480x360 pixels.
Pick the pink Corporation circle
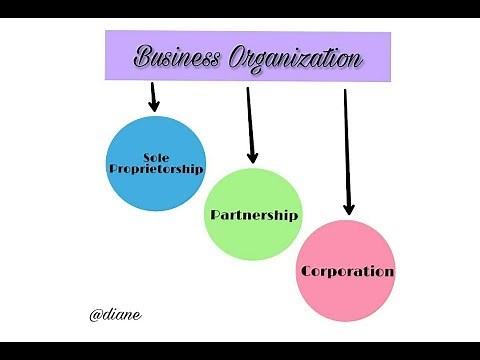346,271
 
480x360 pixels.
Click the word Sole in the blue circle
155,158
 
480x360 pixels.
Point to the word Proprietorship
155,169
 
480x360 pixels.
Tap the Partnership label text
254,216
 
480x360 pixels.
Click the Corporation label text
347,271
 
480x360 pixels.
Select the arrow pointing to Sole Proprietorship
154,96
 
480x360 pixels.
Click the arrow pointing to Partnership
250,125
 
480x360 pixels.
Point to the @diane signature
115,314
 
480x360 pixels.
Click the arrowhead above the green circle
252,156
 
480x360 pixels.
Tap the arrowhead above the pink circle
348,208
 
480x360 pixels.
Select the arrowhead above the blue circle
155,105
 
